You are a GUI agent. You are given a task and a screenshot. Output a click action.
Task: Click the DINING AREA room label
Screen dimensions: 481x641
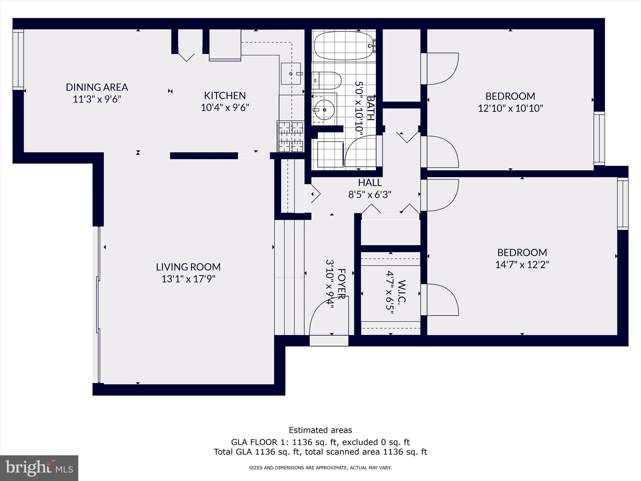tap(97, 87)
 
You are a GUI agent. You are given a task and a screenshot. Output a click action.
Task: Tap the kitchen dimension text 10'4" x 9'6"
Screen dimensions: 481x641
tap(225, 108)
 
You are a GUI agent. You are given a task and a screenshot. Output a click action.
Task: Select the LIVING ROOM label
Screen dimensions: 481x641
tap(188, 267)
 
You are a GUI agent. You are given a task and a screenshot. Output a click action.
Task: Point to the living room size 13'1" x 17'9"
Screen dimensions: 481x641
tap(188, 279)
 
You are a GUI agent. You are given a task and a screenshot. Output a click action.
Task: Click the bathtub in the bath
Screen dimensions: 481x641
tap(343, 46)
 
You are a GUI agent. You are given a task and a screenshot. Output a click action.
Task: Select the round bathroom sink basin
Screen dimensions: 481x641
tap(325, 110)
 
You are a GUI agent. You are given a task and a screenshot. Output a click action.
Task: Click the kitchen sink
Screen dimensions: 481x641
tap(291, 74)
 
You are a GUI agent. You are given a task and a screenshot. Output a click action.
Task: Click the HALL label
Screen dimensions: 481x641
tap(370, 182)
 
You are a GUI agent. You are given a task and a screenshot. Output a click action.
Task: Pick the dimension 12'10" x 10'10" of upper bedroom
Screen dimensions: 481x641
tap(510, 108)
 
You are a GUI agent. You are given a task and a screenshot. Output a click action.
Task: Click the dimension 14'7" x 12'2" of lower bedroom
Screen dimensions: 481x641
tap(522, 265)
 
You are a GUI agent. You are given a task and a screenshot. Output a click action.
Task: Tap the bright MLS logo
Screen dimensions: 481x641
tap(39, 468)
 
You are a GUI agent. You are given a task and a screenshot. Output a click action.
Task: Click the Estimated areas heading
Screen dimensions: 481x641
tap(320, 430)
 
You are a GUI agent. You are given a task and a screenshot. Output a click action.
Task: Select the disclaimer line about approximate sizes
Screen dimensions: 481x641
tap(320, 468)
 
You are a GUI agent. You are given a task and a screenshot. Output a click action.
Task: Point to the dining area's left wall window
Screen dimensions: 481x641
tap(18, 59)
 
